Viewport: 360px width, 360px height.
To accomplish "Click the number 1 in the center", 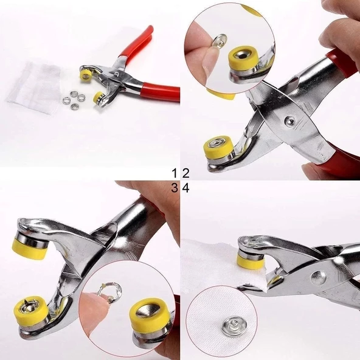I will tap(175, 174).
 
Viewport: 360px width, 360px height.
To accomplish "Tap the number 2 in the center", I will tap(185, 174).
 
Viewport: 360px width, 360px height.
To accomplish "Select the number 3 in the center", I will tap(175, 189).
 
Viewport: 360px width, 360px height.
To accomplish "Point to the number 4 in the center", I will tap(185, 189).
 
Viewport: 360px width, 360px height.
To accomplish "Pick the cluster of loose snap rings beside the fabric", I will tap(75, 97).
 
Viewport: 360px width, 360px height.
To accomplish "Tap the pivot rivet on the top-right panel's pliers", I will tap(291, 121).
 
